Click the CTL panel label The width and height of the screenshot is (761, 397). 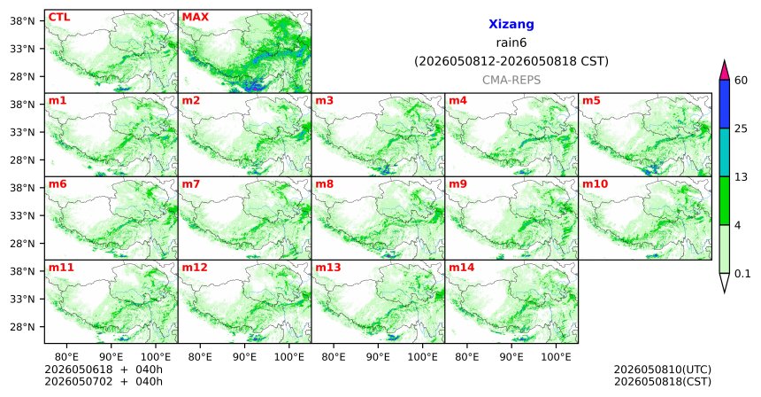59,18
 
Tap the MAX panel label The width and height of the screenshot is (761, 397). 195,18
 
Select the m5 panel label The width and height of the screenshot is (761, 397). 591,101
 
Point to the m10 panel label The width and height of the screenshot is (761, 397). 595,184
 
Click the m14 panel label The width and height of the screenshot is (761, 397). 462,268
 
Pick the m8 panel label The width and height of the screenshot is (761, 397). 324,184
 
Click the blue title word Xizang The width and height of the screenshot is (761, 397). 511,24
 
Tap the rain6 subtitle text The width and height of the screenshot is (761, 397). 511,43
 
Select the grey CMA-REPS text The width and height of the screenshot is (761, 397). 511,80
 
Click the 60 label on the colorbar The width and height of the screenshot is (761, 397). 741,80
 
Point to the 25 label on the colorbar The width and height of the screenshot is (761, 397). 741,128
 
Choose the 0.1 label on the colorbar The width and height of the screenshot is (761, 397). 742,274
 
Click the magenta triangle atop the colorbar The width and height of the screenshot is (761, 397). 725,71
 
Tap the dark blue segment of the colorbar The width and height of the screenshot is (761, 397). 725,104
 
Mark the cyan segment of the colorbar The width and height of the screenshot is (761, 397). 725,152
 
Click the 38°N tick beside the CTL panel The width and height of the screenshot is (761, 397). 22,21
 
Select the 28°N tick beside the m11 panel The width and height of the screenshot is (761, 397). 22,327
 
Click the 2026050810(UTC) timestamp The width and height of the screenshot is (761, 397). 663,370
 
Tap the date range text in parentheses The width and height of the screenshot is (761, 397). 511,62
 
